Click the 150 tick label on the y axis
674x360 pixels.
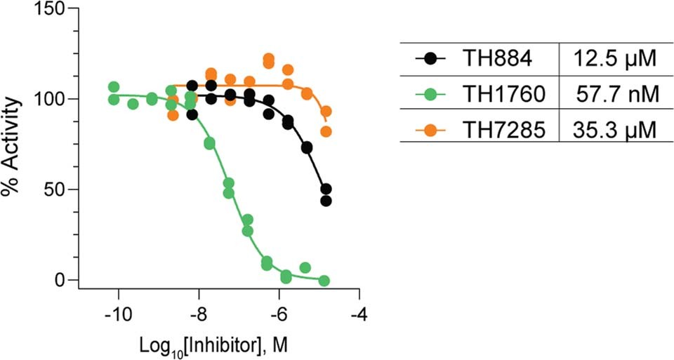tap(47, 8)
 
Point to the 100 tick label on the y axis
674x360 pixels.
tap(47, 99)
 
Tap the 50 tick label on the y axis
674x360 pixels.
tap(52, 189)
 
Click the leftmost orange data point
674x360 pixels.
tap(173, 115)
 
